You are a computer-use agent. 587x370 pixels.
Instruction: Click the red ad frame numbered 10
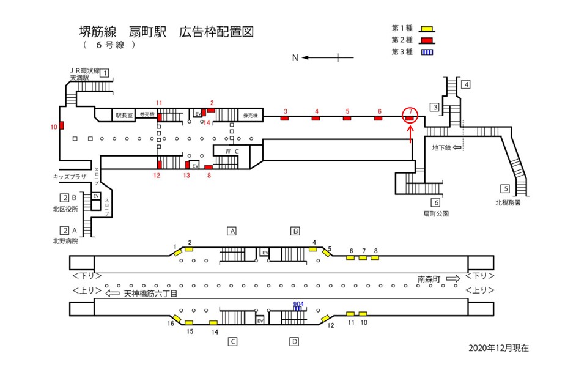tap(61, 127)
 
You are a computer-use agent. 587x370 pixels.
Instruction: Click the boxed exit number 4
tap(466, 84)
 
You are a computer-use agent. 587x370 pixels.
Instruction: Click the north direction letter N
tap(295, 58)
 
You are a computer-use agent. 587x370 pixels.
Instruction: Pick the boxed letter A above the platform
tap(232, 231)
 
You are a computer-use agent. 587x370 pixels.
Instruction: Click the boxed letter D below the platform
tap(294, 341)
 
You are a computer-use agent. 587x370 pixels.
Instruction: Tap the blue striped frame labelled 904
tap(298, 308)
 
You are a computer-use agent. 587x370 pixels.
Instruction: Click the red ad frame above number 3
tap(284, 118)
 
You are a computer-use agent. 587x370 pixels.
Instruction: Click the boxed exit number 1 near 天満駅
tap(105, 73)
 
